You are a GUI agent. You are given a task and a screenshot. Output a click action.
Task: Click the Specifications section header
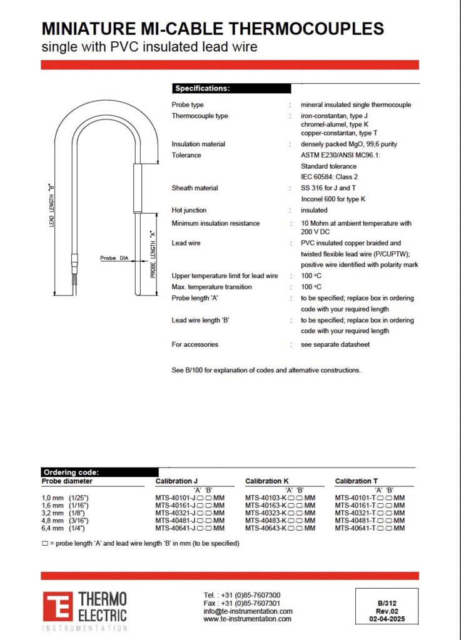202,89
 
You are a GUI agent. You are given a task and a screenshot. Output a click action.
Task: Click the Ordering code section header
70,472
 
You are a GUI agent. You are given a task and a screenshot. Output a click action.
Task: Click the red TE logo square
58,607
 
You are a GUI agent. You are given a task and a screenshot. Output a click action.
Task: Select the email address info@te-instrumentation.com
248,611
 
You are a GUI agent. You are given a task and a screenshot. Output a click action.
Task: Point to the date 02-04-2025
383,619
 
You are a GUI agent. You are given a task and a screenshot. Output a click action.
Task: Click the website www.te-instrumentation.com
247,619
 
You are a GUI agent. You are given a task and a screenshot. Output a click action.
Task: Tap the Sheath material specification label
195,188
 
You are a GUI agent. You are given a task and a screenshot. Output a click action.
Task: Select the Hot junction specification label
189,211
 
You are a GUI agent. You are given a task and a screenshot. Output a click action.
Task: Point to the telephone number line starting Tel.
241,595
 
